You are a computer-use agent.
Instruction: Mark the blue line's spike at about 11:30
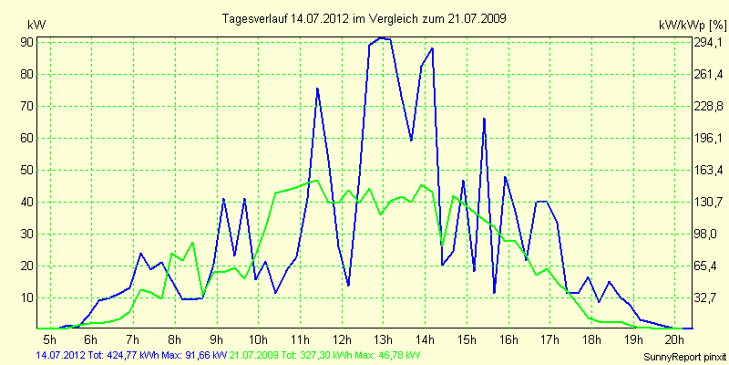pyautogui.click(x=317, y=89)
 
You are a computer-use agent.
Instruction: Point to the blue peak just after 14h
pyautogui.click(x=431, y=48)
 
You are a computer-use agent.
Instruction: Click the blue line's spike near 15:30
pyautogui.click(x=484, y=119)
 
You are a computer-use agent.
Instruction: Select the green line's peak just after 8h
pyautogui.click(x=192, y=243)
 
